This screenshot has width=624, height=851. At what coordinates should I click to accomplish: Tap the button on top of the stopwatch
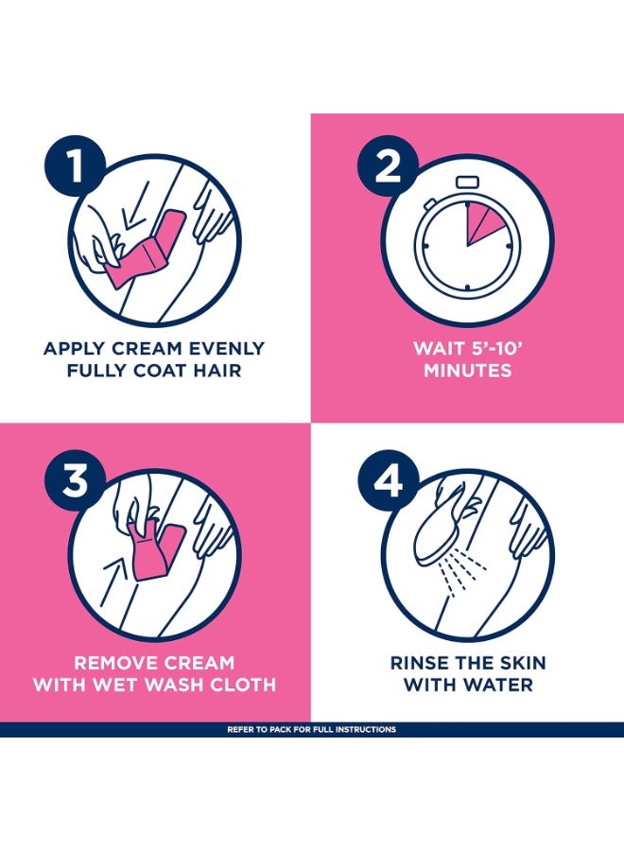(x=467, y=182)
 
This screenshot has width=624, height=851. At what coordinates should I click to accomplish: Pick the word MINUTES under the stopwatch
(x=467, y=371)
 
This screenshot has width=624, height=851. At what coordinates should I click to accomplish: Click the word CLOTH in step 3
(x=244, y=685)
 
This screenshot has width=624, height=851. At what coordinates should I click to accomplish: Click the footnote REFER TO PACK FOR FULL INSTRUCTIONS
(x=312, y=730)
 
